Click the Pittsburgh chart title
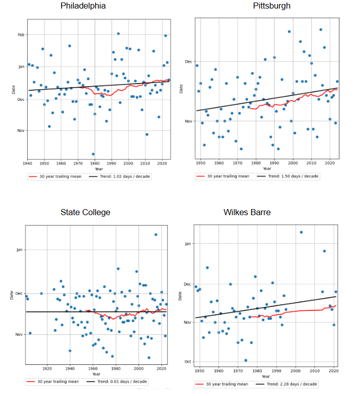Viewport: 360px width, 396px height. (x=271, y=6)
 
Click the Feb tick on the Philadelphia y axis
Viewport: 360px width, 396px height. (x=21, y=35)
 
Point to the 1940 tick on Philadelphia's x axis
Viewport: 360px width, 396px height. (x=28, y=164)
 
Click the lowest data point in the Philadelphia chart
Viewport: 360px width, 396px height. (x=93, y=154)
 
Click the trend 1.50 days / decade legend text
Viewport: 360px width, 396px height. (x=293, y=176)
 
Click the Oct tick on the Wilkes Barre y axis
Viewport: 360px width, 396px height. (x=188, y=362)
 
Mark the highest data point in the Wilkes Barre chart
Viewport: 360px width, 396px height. (x=301, y=232)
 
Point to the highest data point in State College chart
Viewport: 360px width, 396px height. (x=156, y=235)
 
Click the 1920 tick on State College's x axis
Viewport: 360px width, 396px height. (x=47, y=369)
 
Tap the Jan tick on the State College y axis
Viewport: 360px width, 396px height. (x=20, y=250)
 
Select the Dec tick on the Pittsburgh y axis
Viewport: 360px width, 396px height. (x=189, y=61)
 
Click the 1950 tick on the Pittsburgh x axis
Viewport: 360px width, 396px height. (x=201, y=164)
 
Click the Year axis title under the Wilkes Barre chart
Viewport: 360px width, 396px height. (x=265, y=376)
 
